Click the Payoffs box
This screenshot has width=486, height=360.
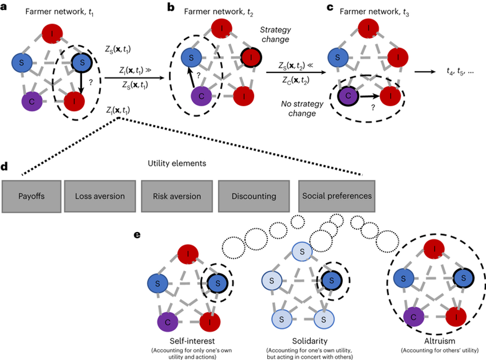click(x=31, y=196)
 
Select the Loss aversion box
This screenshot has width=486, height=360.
click(x=100, y=196)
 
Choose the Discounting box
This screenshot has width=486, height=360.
click(x=254, y=196)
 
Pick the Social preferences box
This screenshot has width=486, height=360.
click(x=337, y=195)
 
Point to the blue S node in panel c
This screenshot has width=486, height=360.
click(x=338, y=58)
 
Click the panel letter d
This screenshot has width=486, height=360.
click(x=4, y=165)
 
